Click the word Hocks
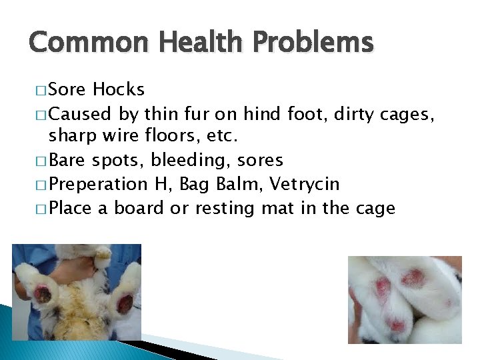tap(119, 89)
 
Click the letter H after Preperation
tap(162, 185)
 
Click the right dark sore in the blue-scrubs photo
tap(125, 303)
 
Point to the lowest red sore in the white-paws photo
tap(398, 325)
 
